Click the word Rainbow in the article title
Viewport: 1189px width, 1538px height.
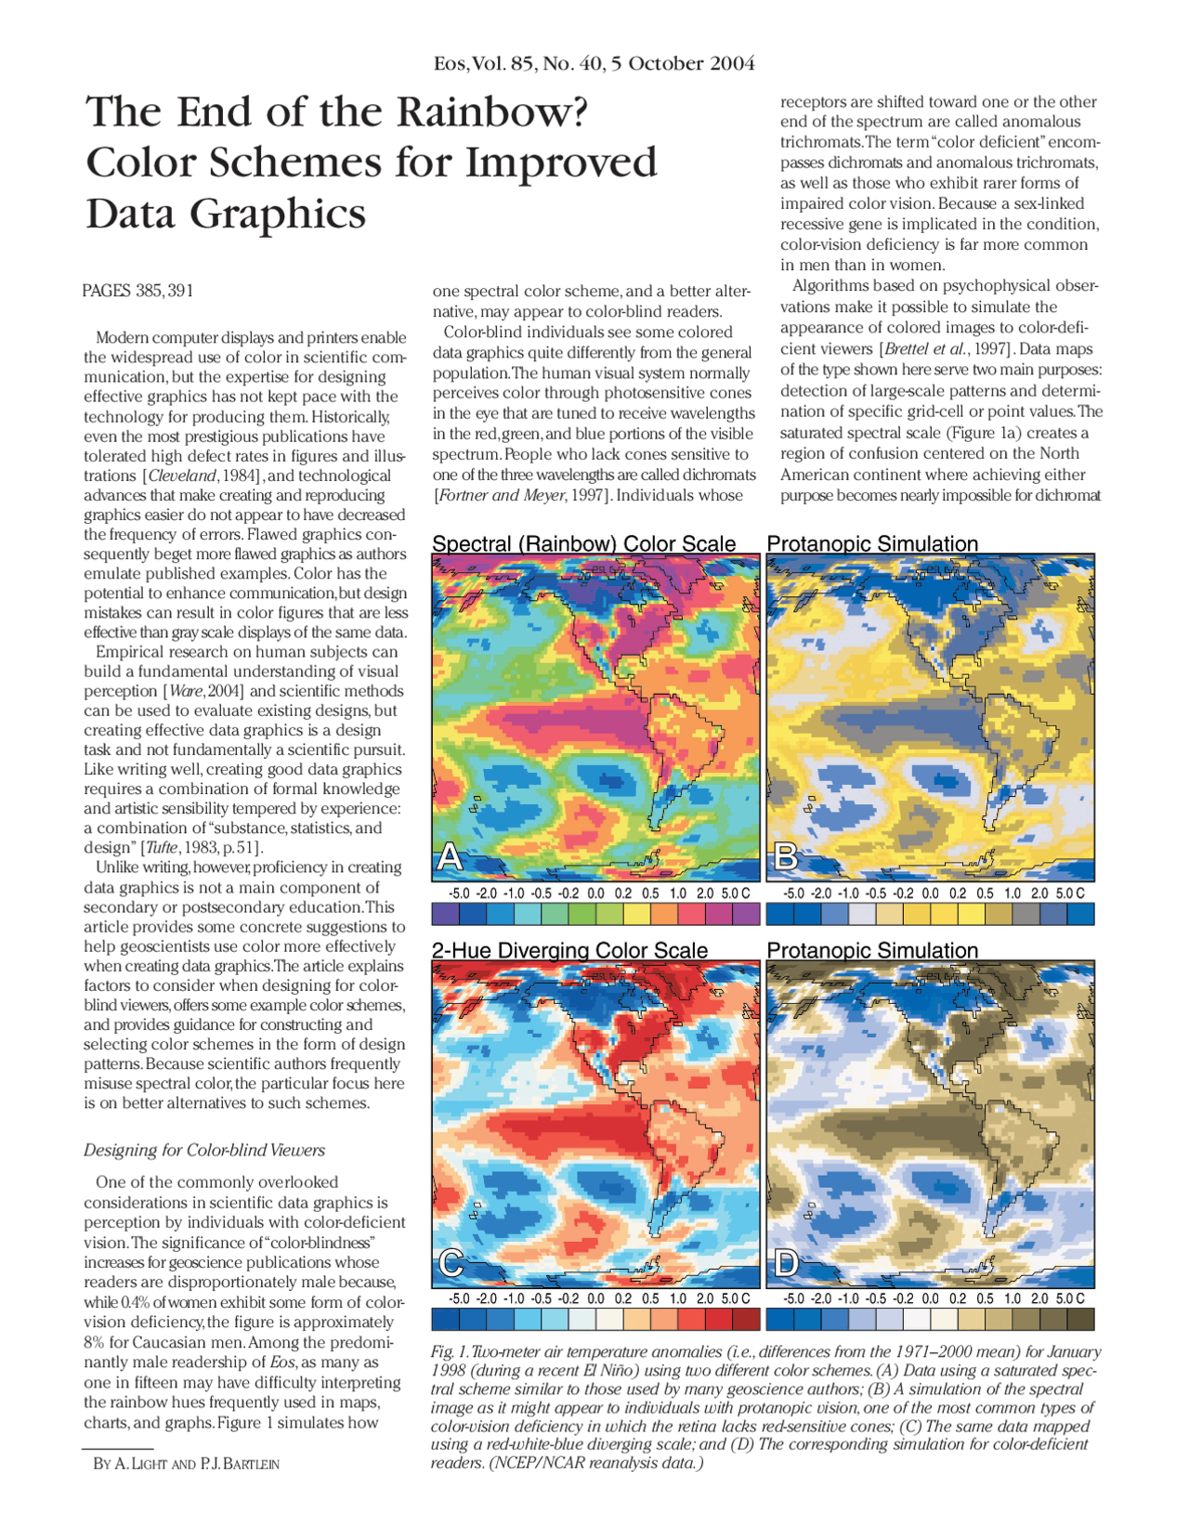click(492, 112)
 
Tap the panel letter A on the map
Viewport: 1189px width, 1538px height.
click(450, 856)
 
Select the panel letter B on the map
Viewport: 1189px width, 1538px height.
click(785, 856)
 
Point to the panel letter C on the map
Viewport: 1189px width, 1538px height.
click(451, 1262)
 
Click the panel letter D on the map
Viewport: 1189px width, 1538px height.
click(786, 1262)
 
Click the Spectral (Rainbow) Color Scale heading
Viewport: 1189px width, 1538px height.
click(583, 544)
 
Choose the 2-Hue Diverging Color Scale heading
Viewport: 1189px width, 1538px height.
click(569, 950)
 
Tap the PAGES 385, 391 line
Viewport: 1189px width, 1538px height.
click(137, 291)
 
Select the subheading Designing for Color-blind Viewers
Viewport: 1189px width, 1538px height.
click(204, 1150)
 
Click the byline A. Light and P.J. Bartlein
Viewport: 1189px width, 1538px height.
click(186, 1464)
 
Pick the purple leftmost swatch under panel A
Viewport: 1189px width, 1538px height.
click(445, 914)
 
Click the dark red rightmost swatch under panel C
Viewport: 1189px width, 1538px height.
click(746, 1319)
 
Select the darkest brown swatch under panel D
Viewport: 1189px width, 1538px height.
click(1080, 1319)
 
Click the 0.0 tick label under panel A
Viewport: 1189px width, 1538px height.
click(596, 893)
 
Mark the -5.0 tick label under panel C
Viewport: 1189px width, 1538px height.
click(459, 1298)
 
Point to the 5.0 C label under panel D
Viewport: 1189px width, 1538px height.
click(1069, 1298)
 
